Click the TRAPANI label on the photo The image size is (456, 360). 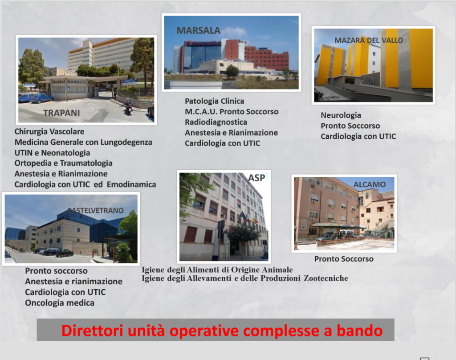point(61,113)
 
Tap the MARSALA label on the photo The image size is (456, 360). point(198,31)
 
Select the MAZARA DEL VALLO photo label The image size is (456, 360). point(369,40)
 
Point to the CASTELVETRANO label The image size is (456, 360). point(96,210)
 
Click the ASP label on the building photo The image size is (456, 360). point(256,178)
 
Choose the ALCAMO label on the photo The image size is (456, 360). point(369,184)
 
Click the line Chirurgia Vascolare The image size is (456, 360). point(49,131)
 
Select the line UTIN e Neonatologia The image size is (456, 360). point(53,153)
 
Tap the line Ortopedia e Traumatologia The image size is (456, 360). point(63,163)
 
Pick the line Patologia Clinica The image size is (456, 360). point(214,101)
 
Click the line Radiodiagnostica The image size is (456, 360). point(216,122)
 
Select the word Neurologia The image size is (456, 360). point(341,115)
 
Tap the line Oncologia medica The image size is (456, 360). point(60,303)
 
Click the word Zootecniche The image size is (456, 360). point(326,278)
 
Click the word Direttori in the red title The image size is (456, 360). point(92,331)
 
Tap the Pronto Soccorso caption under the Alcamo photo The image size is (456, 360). point(344,259)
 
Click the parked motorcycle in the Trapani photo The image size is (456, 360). point(128,107)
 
